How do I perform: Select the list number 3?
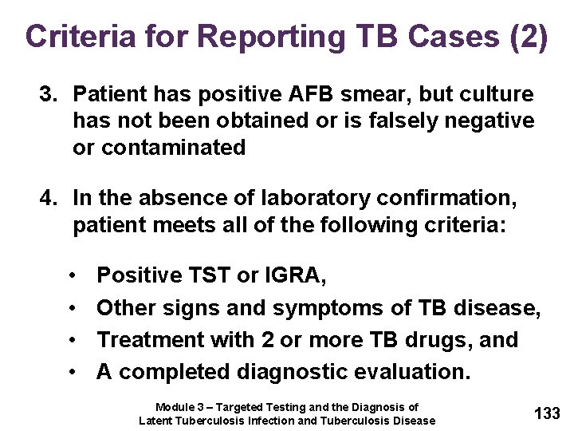click(49, 94)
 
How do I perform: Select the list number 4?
click(49, 197)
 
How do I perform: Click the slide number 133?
click(547, 413)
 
